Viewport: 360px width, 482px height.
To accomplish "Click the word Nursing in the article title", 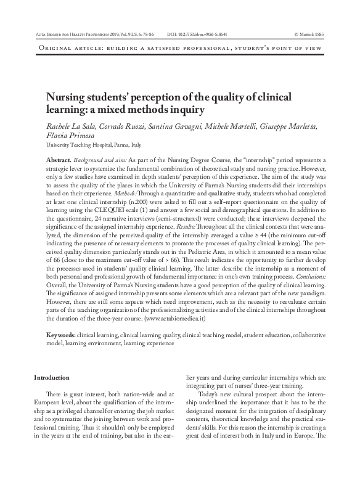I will tap(67, 98).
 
